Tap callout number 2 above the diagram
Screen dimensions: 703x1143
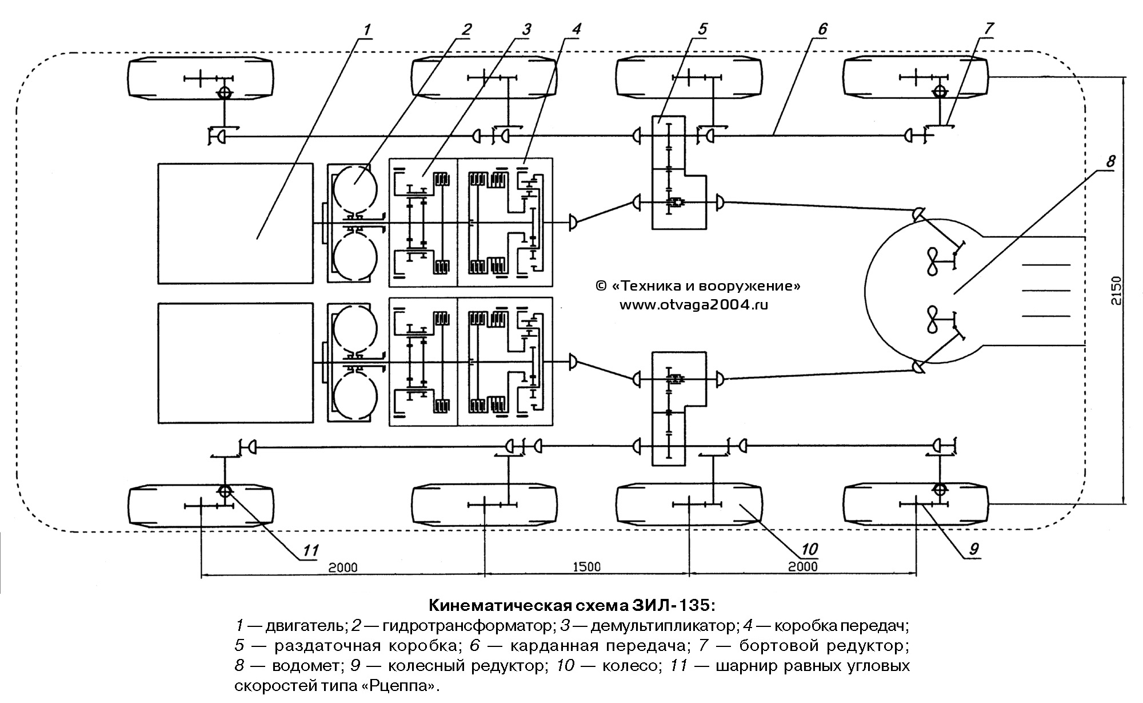coord(467,29)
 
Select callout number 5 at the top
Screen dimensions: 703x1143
coord(702,29)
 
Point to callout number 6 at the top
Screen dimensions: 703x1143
coord(822,29)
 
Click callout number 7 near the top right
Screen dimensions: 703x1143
coord(989,29)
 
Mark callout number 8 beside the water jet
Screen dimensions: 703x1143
coord(1110,162)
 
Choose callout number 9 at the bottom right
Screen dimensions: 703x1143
coord(973,549)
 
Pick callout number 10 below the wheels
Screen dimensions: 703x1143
coord(809,550)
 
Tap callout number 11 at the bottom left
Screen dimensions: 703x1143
coord(310,550)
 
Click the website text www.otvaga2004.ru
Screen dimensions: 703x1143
coord(694,305)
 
